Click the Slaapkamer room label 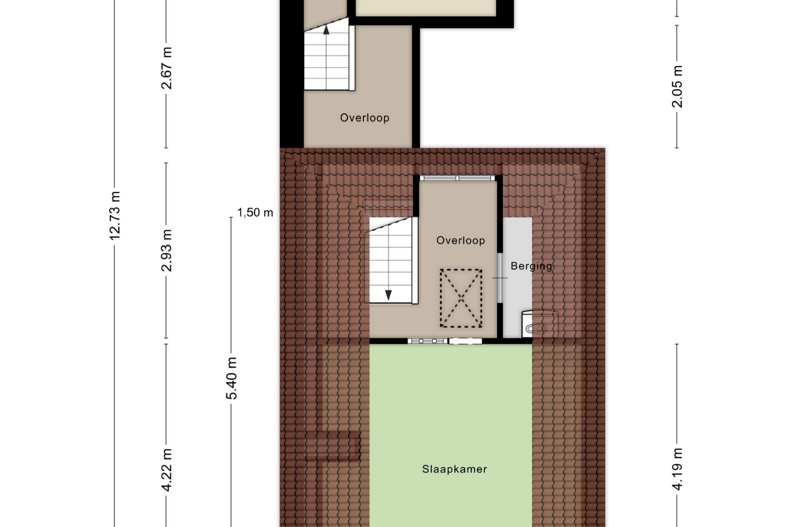454,469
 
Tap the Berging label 531,266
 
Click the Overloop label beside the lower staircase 461,240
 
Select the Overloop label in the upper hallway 365,118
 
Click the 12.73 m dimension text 115,215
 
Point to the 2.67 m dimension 166,68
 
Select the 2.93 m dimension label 166,250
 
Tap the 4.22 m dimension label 166,470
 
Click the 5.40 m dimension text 232,378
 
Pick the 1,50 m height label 255,212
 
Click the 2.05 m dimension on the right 677,86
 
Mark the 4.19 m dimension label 677,469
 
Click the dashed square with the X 461,298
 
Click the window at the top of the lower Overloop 458,178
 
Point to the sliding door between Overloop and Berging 500,278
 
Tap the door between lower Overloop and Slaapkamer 445,341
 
